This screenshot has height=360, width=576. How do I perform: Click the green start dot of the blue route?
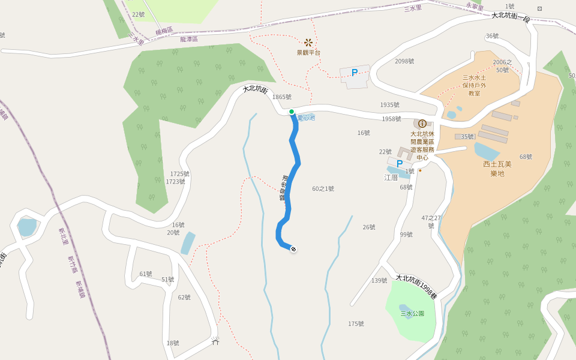point(292,112)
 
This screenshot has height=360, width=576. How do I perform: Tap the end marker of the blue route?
point(293,249)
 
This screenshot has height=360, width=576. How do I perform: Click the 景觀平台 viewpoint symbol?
point(308,43)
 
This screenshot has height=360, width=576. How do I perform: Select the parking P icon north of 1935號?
point(355,73)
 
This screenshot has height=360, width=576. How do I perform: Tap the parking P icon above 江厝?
point(400,164)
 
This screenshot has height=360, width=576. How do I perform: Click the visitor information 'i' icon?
point(422,124)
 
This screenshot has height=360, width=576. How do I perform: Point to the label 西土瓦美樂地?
point(497,169)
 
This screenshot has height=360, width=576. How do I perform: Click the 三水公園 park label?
point(412,313)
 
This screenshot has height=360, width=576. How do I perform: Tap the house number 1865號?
point(281,97)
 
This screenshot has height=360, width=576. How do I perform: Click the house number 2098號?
point(404,61)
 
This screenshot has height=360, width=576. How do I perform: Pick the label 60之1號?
point(323,188)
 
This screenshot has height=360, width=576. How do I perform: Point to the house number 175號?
point(356,324)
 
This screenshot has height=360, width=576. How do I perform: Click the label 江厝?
point(391,178)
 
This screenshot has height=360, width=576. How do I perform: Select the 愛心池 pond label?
point(306,118)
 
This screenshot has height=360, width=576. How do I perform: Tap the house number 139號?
point(379,280)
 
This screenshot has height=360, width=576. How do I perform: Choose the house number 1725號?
point(179,174)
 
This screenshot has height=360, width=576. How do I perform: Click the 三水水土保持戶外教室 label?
point(474,85)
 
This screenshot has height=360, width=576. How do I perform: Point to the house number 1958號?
point(391,119)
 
